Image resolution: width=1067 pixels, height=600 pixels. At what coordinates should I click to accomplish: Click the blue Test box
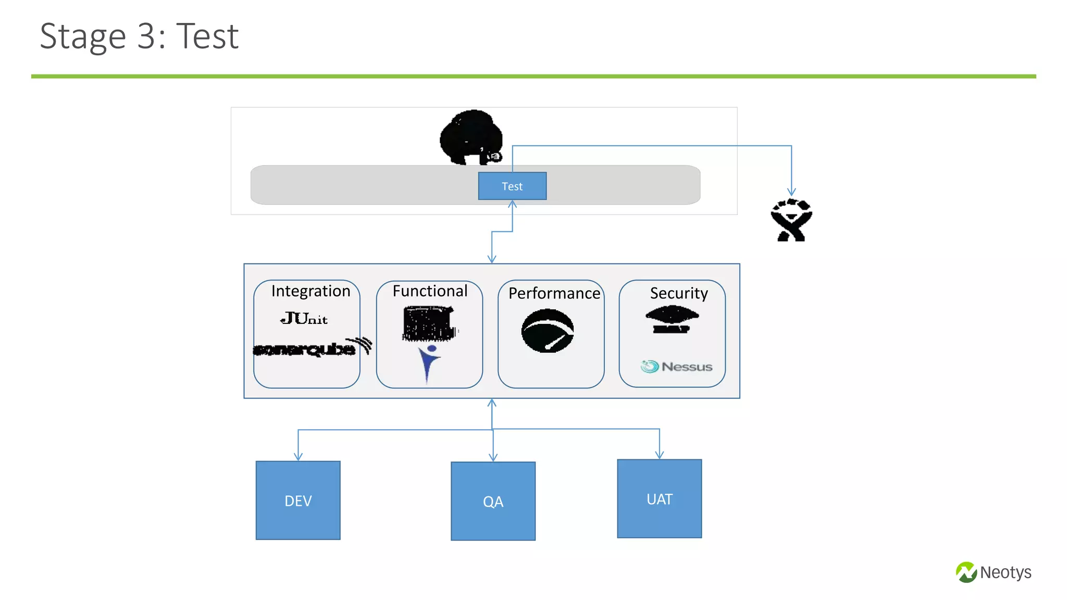[512, 186]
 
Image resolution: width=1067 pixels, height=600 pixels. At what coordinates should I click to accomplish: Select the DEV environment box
[298, 500]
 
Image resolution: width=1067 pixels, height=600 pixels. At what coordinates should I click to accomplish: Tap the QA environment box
[493, 501]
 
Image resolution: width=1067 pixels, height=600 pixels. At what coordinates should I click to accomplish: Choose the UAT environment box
[659, 498]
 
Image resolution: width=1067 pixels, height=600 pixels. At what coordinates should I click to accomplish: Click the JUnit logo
[304, 318]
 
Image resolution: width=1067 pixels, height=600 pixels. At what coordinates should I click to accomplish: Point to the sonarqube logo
[312, 348]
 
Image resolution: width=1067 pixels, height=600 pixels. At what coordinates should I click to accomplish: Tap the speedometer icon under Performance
[548, 331]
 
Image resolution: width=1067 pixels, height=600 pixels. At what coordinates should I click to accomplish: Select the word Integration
[311, 291]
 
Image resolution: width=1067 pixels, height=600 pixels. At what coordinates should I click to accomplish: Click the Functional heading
[430, 291]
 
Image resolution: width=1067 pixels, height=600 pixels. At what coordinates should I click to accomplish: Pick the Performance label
[554, 293]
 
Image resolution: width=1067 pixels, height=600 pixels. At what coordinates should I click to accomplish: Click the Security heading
[678, 293]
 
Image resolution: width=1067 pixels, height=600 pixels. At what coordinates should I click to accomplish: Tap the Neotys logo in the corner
[993, 572]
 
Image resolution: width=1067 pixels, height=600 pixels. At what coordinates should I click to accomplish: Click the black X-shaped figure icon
[791, 220]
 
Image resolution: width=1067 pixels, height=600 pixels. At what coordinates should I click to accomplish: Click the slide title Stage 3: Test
[139, 36]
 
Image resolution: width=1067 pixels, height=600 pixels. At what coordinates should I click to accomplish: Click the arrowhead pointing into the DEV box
[298, 457]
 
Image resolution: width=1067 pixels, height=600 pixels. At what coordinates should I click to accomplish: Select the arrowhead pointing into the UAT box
[659, 455]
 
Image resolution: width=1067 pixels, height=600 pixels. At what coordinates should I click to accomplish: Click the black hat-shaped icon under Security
[672, 319]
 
